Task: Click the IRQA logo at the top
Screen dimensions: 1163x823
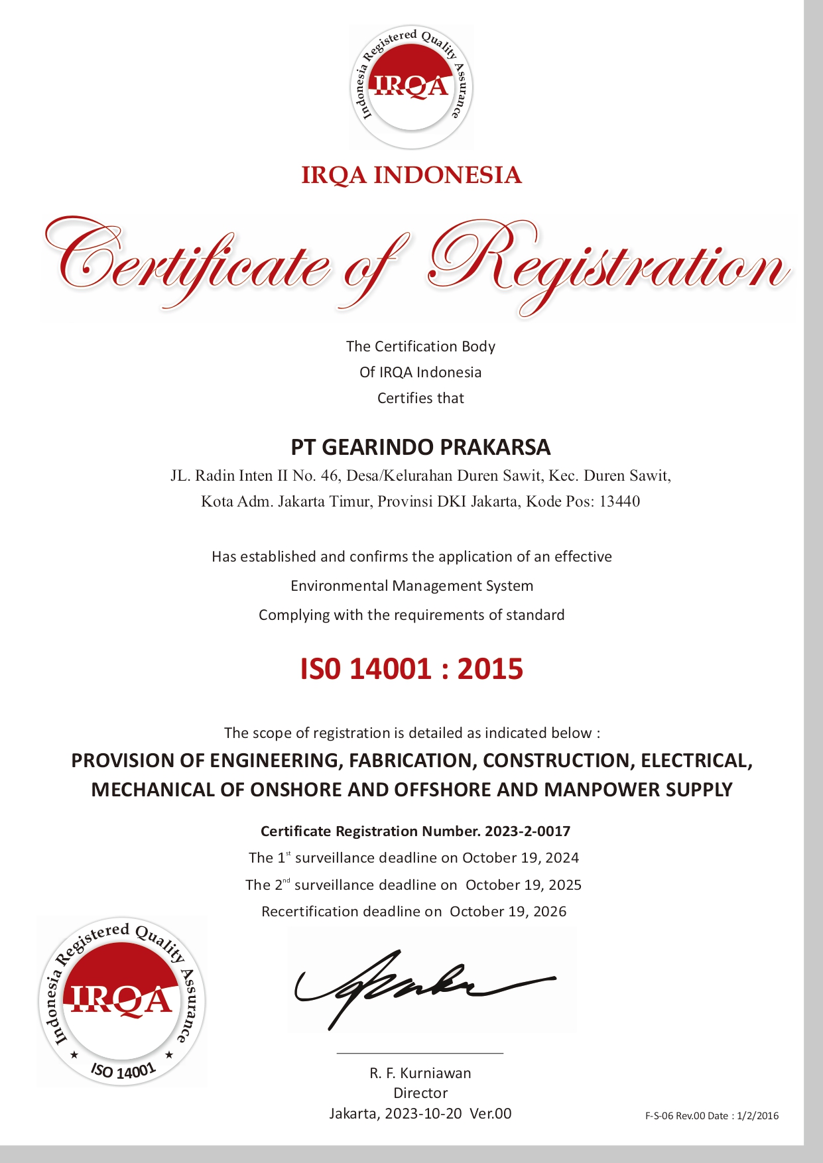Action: pyautogui.click(x=411, y=87)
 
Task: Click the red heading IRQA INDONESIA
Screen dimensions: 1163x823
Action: pyautogui.click(x=411, y=175)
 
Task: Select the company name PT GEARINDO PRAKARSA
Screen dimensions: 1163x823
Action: pyautogui.click(x=420, y=447)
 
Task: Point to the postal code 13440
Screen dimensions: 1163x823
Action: pyautogui.click(x=619, y=501)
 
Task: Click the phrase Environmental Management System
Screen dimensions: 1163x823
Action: pyautogui.click(x=412, y=586)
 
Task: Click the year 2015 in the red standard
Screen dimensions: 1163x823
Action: pyautogui.click(x=490, y=669)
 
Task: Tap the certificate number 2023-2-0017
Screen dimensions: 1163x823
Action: pyautogui.click(x=528, y=831)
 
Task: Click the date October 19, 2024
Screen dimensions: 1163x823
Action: pyautogui.click(x=521, y=858)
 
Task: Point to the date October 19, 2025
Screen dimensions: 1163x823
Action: pyautogui.click(x=523, y=885)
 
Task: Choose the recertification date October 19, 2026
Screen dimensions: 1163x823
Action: pyautogui.click(x=508, y=912)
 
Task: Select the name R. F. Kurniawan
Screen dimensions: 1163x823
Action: pyautogui.click(x=420, y=1073)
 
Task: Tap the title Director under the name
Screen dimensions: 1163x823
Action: pyautogui.click(x=420, y=1093)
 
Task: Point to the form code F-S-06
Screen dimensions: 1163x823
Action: pyautogui.click(x=659, y=1116)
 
